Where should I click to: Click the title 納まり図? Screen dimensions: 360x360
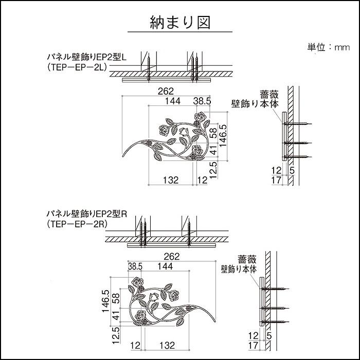(180, 23)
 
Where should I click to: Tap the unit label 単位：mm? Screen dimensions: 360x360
(329, 47)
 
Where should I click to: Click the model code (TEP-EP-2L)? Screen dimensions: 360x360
(78, 67)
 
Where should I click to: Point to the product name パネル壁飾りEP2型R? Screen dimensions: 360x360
(86, 213)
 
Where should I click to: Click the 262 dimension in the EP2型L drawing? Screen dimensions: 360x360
(166, 91)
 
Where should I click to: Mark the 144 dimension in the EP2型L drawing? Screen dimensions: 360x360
(173, 101)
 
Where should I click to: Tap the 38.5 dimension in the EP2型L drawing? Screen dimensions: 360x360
(202, 101)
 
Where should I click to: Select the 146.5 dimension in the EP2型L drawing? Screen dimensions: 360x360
(223, 136)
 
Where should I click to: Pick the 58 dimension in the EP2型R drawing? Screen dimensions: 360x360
(116, 298)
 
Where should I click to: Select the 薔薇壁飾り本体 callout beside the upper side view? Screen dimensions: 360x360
(255, 99)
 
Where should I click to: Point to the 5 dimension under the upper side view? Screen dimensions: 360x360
(292, 169)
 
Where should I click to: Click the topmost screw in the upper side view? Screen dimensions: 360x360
(298, 124)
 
